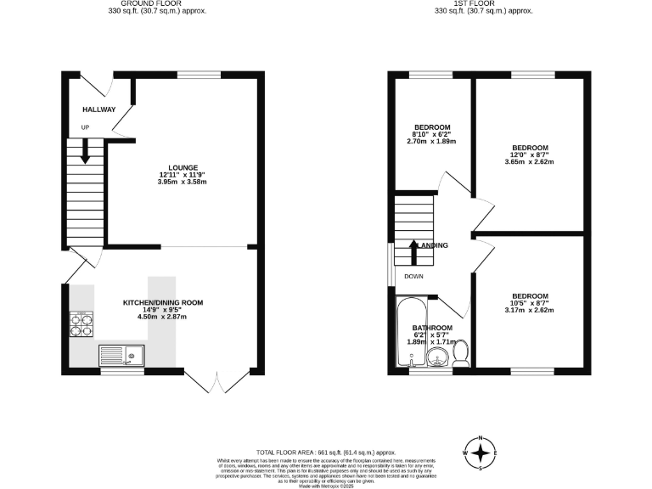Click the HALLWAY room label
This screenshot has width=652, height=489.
point(98,110)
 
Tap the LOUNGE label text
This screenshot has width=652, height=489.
point(183,167)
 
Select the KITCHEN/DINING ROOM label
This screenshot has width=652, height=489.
point(163,302)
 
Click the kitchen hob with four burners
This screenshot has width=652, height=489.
point(82,323)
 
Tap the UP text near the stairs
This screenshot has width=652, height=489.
point(85,127)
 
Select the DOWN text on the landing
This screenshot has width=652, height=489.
point(413,276)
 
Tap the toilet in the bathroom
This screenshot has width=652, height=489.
point(462,352)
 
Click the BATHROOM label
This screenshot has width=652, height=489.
point(432,328)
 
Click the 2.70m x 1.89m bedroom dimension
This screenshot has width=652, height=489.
point(432,141)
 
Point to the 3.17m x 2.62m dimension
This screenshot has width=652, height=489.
point(528,311)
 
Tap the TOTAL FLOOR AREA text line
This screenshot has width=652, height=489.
point(326,452)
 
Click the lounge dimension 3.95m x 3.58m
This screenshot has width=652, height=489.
point(183,182)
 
